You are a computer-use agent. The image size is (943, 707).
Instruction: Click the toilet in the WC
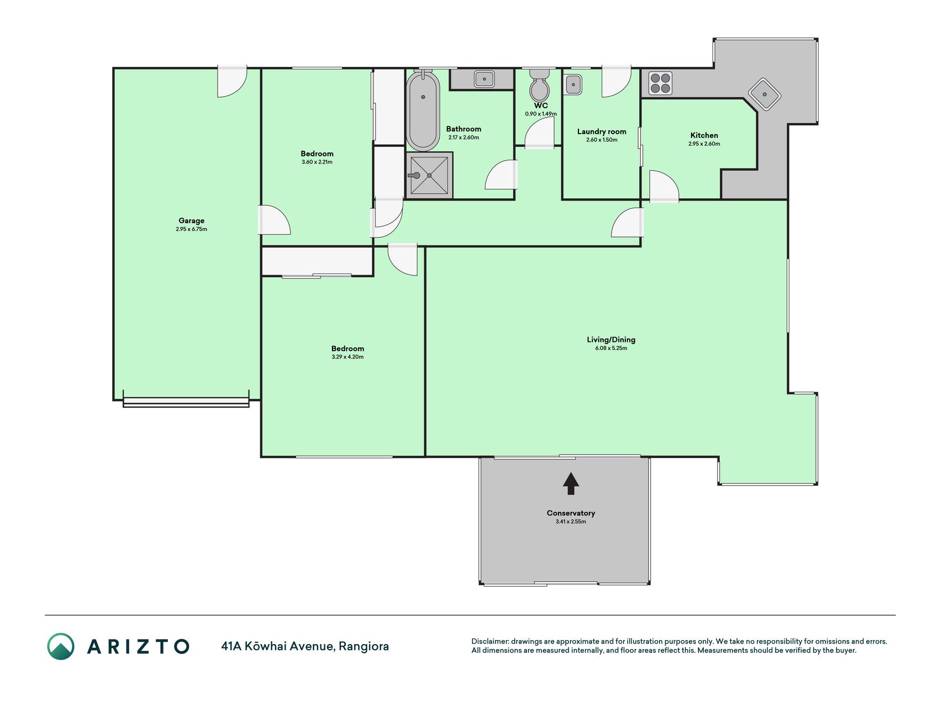pyautogui.click(x=539, y=85)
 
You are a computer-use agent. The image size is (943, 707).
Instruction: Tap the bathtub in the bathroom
pyautogui.click(x=423, y=110)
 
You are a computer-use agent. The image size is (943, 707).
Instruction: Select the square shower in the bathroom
pyautogui.click(x=429, y=176)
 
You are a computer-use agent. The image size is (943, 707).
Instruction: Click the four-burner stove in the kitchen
pyautogui.click(x=660, y=83)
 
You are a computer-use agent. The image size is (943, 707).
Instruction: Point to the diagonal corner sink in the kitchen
pyautogui.click(x=765, y=94)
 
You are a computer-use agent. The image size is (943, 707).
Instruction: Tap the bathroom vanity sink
pyautogui.click(x=484, y=79)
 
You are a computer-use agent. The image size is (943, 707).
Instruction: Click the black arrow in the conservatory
pyautogui.click(x=571, y=483)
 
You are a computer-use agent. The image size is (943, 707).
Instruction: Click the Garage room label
pyautogui.click(x=191, y=221)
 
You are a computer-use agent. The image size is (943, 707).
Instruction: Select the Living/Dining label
pyautogui.click(x=611, y=340)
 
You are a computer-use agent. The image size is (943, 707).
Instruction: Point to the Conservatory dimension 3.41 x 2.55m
pyautogui.click(x=571, y=521)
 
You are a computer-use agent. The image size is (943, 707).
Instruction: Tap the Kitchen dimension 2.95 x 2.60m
pyautogui.click(x=704, y=144)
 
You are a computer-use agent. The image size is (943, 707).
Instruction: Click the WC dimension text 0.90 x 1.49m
pyautogui.click(x=541, y=114)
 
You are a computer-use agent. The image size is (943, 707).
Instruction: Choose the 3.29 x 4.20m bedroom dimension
pyautogui.click(x=347, y=357)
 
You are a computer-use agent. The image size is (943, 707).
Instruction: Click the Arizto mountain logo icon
pyautogui.click(x=61, y=646)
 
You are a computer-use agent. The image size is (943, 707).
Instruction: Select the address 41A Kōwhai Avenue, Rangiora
pyautogui.click(x=305, y=646)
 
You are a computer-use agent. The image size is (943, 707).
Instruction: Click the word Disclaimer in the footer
pyautogui.click(x=489, y=641)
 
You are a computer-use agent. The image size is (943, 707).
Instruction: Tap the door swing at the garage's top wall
pyautogui.click(x=232, y=82)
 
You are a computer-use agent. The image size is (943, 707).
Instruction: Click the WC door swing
pyautogui.click(x=539, y=135)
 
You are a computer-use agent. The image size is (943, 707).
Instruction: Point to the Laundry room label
pyautogui.click(x=602, y=132)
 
